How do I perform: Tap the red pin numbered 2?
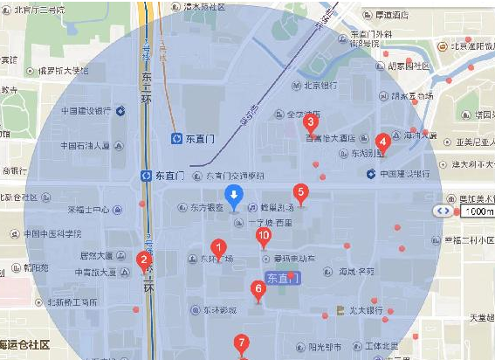coord(144,260)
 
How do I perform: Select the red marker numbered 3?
coord(309,124)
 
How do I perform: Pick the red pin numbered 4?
coord(382,142)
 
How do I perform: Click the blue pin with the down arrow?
coord(233,197)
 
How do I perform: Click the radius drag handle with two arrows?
coord(444,211)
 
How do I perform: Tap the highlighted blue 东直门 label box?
coord(282,279)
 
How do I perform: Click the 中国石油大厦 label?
coord(76,146)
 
